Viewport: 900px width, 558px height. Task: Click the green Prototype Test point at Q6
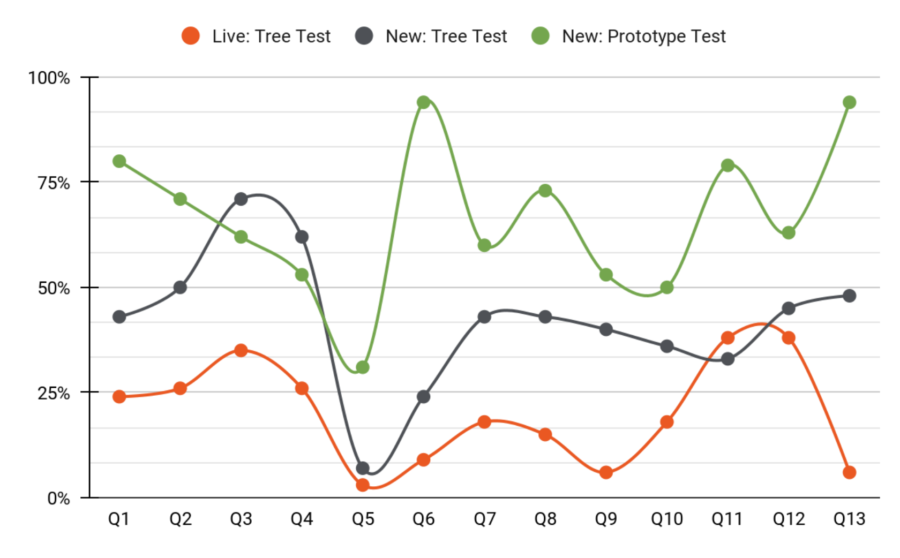click(423, 102)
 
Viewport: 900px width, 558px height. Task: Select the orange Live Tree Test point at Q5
click(363, 485)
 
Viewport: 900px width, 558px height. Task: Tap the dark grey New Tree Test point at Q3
click(241, 199)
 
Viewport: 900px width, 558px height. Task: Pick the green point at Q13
click(849, 102)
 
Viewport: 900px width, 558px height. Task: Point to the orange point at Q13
click(849, 472)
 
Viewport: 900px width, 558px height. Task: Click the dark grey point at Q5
click(363, 468)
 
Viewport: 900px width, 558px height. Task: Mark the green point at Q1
click(119, 161)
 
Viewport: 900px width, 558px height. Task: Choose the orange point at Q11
click(727, 338)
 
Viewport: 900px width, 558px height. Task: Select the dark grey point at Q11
click(727, 359)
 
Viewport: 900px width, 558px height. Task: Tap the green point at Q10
click(667, 288)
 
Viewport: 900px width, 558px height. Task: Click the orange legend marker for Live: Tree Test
click(191, 36)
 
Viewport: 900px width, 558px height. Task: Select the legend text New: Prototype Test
click(643, 36)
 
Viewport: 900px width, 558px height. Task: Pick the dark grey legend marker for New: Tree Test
click(364, 36)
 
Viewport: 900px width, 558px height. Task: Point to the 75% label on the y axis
click(54, 183)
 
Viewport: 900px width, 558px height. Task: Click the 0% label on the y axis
click(58, 498)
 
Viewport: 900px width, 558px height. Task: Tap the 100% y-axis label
click(49, 78)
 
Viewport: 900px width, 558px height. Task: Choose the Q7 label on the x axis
click(484, 519)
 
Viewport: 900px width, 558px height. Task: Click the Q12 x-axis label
click(789, 519)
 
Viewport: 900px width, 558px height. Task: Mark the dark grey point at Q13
click(849, 296)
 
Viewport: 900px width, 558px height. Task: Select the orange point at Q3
click(241, 351)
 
